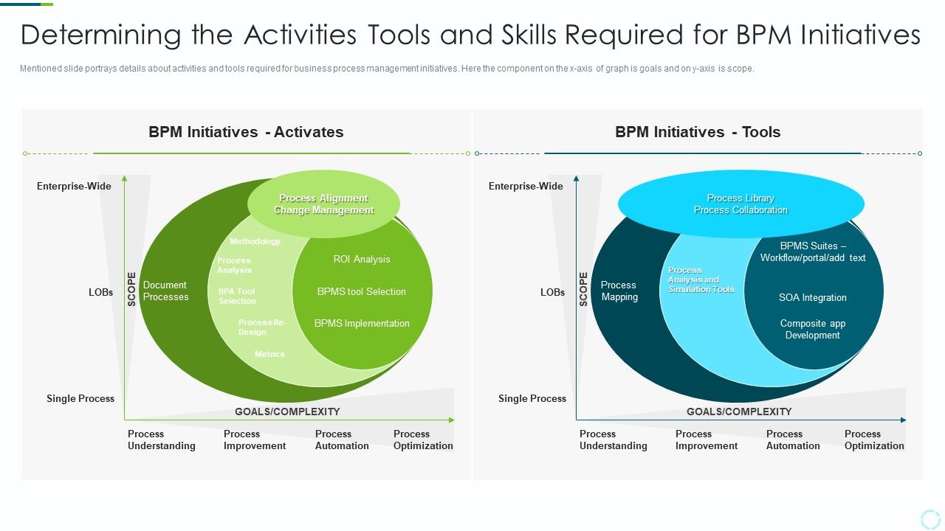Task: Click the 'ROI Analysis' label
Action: point(362,260)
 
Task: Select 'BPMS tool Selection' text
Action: point(362,292)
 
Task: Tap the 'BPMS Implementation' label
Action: point(362,324)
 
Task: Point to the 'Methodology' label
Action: point(255,242)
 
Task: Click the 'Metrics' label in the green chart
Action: point(269,355)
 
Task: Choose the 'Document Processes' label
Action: point(166,291)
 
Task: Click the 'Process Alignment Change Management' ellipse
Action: point(323,204)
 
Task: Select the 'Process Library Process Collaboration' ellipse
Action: point(740,204)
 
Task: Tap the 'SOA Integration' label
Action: point(813,298)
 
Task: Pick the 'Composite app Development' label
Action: point(813,330)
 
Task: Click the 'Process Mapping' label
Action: point(619,291)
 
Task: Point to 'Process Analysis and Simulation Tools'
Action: point(701,280)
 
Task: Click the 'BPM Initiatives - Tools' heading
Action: point(698,132)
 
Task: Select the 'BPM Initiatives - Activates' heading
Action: point(246,132)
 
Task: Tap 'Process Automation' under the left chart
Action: point(342,440)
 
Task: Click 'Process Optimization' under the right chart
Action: point(874,440)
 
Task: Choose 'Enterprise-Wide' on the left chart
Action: point(74,187)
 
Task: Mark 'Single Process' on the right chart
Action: point(532,399)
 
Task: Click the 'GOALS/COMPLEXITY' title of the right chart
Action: point(739,412)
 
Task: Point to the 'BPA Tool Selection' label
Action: point(237,296)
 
